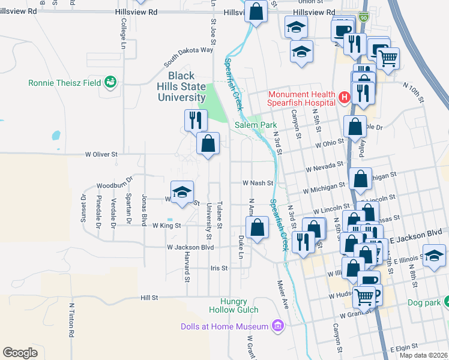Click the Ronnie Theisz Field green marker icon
click(110, 82)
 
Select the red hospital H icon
click(345, 97)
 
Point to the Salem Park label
click(255, 125)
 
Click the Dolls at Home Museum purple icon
click(277, 326)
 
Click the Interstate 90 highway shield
click(363, 19)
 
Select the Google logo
click(20, 353)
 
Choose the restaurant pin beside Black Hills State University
click(195, 120)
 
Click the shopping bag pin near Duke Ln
click(257, 228)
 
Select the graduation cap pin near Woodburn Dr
click(182, 192)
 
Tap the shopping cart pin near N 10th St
click(388, 59)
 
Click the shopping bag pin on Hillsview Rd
click(256, 12)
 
